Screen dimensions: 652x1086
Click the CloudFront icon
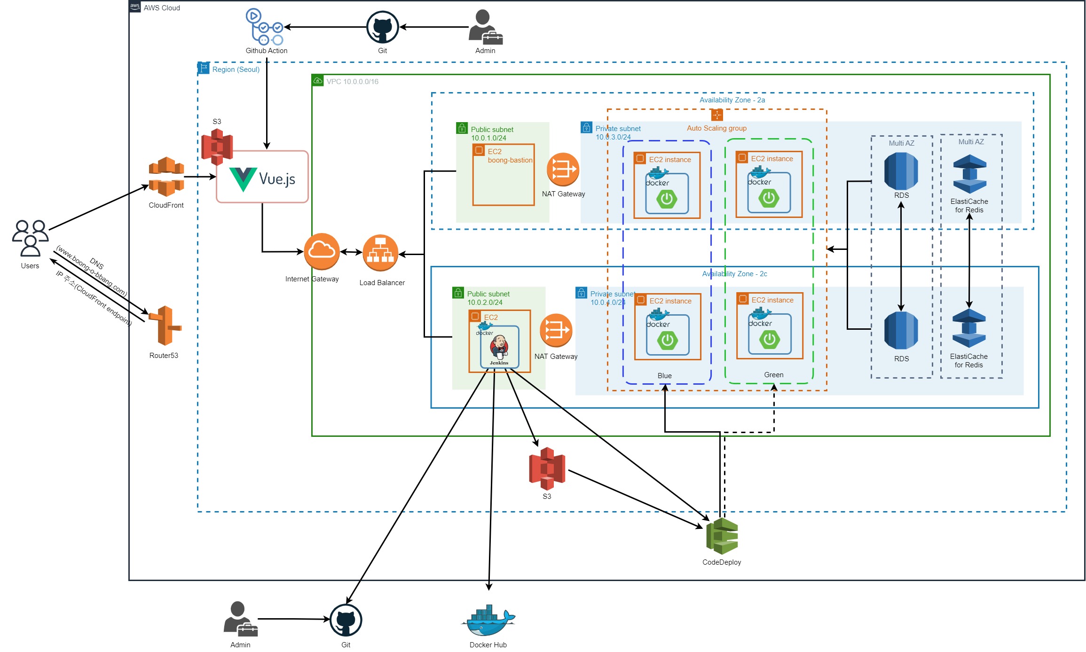click(x=166, y=177)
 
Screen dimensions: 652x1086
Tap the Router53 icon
click(x=165, y=326)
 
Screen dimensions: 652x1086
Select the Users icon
click(x=30, y=238)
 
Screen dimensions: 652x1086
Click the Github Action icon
click(x=264, y=27)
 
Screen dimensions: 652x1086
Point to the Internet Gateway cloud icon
click(x=322, y=251)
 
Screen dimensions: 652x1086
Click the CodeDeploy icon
click(x=722, y=536)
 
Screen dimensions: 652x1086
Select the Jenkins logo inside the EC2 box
click(x=499, y=348)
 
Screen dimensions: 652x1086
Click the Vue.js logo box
click(x=262, y=177)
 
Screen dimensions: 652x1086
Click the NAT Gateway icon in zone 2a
click(x=563, y=169)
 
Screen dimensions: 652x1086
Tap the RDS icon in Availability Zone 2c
click(x=901, y=331)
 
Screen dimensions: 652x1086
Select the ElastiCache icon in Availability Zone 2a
click(x=969, y=174)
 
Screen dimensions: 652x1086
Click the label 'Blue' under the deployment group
click(x=664, y=375)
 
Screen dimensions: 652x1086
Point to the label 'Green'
click(x=773, y=374)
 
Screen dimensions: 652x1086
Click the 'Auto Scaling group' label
click(x=716, y=128)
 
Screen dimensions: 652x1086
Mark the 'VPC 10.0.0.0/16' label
click(x=352, y=81)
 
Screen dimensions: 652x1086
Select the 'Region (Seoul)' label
click(x=236, y=69)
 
